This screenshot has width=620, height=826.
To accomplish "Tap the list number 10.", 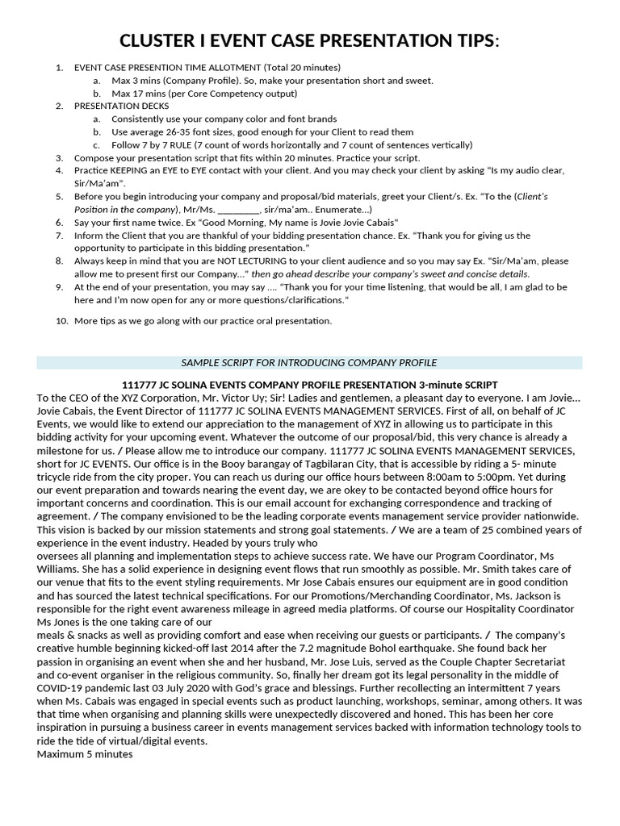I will [61, 321].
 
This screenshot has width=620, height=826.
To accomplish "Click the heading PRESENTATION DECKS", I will [121, 106].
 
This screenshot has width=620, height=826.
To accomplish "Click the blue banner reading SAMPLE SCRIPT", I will [309, 363].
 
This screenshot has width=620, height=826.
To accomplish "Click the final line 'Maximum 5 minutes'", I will [85, 753].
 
